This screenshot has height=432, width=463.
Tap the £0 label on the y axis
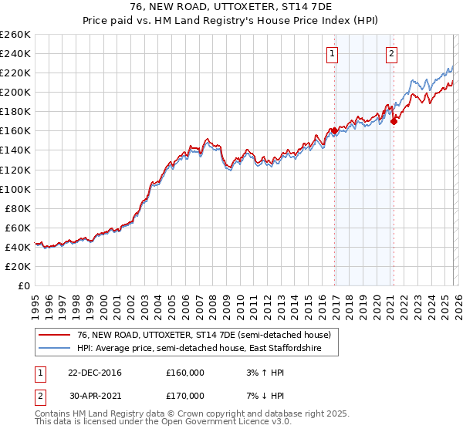pyautogui.click(x=23, y=285)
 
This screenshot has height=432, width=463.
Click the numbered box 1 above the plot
pyautogui.click(x=332, y=53)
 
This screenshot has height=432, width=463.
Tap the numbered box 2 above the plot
pyautogui.click(x=392, y=53)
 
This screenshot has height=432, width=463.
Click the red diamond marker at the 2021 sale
pyautogui.click(x=394, y=120)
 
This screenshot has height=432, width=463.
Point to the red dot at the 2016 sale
pyautogui.click(x=334, y=130)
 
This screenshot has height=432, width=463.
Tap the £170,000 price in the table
pyautogui.click(x=185, y=396)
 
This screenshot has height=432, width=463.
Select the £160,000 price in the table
pyautogui.click(x=185, y=373)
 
